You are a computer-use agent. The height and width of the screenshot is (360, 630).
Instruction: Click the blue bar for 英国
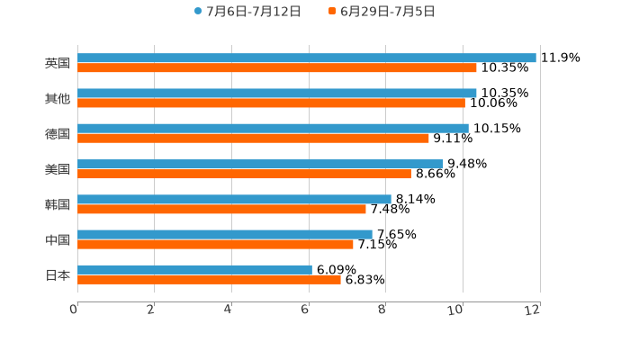pyautogui.click(x=306, y=58)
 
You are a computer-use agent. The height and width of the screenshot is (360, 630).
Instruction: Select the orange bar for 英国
pyautogui.click(x=277, y=67)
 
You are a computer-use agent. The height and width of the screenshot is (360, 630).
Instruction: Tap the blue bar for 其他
pyautogui.click(x=277, y=93)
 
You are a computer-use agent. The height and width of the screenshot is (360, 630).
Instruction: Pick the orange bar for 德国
pyautogui.click(x=253, y=138)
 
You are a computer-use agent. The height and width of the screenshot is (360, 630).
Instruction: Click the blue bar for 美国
pyautogui.click(x=260, y=164)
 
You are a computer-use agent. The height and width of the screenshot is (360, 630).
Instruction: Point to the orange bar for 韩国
pyautogui.click(x=221, y=209)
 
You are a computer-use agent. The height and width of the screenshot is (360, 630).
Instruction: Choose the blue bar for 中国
pyautogui.click(x=225, y=234)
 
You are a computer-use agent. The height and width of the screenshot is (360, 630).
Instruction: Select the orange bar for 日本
pyautogui.click(x=209, y=279)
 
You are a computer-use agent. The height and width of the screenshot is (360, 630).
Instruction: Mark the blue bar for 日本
pyautogui.click(x=194, y=269)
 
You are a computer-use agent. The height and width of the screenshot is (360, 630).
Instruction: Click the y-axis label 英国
pyautogui.click(x=58, y=63)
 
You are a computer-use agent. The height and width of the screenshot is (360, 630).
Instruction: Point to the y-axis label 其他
pyautogui.click(x=58, y=98)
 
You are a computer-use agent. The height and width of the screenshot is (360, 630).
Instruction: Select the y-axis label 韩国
pyautogui.click(x=58, y=204)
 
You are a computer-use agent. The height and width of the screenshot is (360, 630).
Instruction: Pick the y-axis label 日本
pyautogui.click(x=58, y=274)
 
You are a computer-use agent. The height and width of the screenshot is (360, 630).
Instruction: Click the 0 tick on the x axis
pyautogui.click(x=74, y=310)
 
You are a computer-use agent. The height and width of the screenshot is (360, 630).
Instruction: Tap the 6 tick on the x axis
pyautogui.click(x=305, y=310)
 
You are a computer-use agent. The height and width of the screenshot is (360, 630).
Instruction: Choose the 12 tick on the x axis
pyautogui.click(x=533, y=310)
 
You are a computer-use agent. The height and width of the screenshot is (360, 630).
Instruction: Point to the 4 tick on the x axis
pyautogui.click(x=229, y=310)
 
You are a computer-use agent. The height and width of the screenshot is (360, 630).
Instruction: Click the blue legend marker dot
pyautogui.click(x=198, y=12)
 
